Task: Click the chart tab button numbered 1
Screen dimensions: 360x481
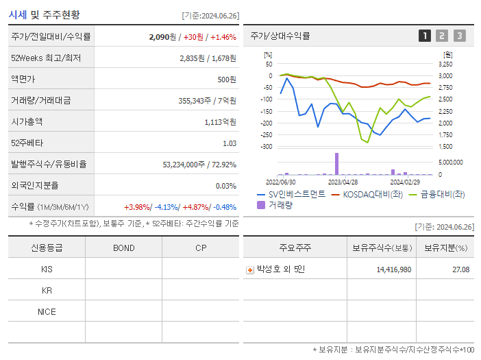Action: (425, 36)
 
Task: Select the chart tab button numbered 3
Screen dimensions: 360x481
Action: (459, 36)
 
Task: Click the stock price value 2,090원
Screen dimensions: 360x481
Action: (162, 37)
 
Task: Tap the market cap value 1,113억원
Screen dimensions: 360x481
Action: (220, 122)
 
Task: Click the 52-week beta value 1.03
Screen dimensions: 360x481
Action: (230, 143)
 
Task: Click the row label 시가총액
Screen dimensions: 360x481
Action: (27, 122)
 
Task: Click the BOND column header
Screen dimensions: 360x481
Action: (123, 248)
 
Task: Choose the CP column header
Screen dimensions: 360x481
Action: (200, 248)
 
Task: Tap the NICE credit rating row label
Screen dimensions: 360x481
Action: (47, 311)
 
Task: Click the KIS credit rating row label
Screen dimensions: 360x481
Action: (47, 269)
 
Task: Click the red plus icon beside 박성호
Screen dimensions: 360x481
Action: (250, 270)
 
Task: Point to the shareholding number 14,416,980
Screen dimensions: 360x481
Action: (393, 270)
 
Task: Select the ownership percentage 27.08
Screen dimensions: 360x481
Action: (460, 270)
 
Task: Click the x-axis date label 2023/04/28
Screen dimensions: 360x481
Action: (343, 182)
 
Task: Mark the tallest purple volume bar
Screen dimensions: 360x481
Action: (336, 164)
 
